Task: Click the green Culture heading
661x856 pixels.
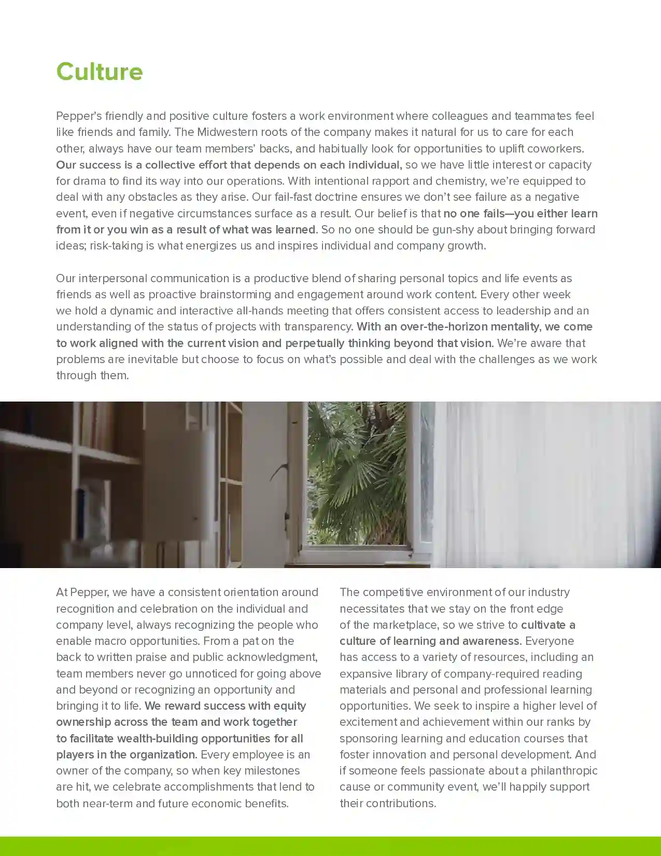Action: (x=99, y=72)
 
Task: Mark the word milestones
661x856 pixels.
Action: (x=274, y=770)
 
